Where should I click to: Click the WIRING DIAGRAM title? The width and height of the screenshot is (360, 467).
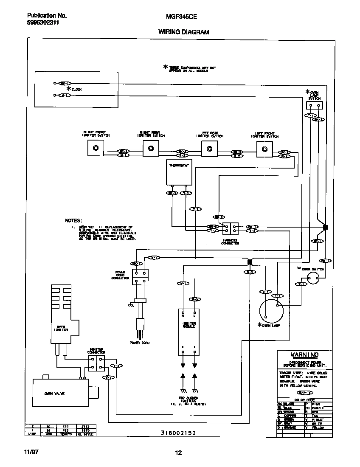(x=183, y=32)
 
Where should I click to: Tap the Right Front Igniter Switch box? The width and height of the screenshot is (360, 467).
(x=96, y=148)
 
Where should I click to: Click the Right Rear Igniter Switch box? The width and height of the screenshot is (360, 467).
(x=150, y=148)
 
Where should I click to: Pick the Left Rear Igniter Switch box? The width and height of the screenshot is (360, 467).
(x=209, y=148)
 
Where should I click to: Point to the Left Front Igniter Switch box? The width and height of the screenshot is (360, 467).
(x=265, y=148)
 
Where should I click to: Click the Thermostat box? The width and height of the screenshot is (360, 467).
(x=178, y=172)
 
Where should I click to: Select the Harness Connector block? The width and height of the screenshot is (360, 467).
(x=231, y=229)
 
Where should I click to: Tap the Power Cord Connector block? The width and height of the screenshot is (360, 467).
(x=141, y=276)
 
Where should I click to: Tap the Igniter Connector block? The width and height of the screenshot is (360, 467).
(x=96, y=363)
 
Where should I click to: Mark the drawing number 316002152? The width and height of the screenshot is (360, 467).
(x=178, y=433)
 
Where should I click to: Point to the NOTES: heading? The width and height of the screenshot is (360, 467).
(x=73, y=221)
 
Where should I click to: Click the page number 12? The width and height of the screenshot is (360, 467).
(x=179, y=453)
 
